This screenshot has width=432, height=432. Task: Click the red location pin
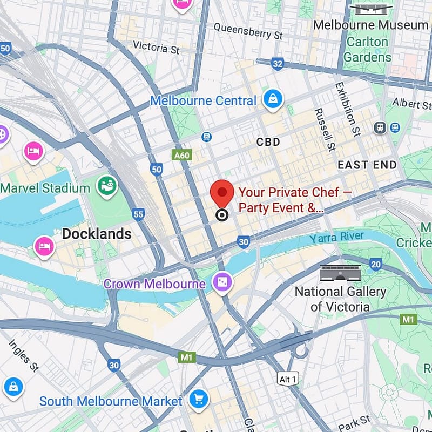[221, 193]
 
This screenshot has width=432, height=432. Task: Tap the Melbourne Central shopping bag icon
[273, 99]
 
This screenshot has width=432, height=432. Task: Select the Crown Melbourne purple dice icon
[222, 282]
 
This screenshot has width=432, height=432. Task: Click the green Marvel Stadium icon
[106, 187]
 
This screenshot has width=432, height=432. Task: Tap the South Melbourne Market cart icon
[199, 400]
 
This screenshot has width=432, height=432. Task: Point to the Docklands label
[97, 234]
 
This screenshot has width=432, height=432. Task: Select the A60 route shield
[182, 156]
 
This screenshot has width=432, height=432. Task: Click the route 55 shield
[138, 214]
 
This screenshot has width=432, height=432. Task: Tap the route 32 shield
[278, 65]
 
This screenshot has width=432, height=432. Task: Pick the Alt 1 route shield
[288, 379]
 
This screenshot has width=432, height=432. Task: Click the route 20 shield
[376, 264]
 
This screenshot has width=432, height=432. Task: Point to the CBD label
[268, 142]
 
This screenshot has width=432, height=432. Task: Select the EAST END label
[367, 165]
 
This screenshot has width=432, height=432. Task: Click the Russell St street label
[325, 130]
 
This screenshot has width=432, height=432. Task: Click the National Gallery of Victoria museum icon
[340, 274]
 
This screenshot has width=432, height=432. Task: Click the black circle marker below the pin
[221, 215]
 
